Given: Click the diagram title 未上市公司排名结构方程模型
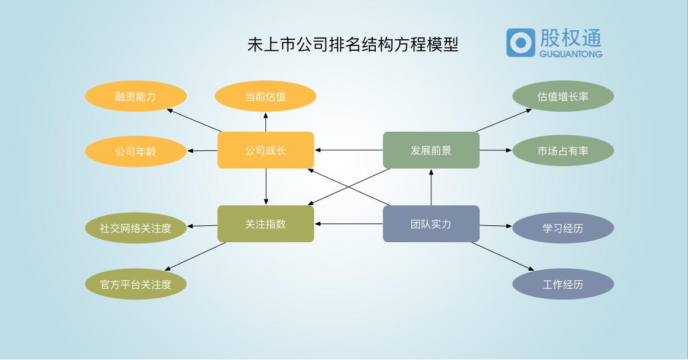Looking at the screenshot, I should click(353, 45).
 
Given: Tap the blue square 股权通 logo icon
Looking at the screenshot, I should click(520, 42).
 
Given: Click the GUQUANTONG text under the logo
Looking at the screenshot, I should click(571, 54).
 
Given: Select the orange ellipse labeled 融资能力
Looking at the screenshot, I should click(135, 96).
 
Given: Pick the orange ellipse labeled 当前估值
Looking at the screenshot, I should click(265, 96).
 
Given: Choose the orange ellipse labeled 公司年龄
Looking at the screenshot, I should click(135, 151).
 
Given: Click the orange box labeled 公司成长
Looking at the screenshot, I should click(265, 150).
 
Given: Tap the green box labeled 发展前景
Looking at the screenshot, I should click(431, 150).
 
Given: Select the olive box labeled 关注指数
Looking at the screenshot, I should click(265, 223).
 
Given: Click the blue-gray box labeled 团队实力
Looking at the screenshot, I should click(431, 223).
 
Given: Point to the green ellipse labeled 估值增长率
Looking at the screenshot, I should click(563, 96).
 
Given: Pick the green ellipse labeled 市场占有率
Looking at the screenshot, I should click(563, 150).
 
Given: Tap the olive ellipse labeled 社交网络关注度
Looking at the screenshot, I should click(135, 228).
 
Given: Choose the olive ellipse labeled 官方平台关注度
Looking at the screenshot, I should click(135, 284).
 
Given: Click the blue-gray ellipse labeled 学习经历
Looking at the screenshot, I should click(563, 228).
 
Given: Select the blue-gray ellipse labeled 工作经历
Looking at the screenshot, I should click(563, 284).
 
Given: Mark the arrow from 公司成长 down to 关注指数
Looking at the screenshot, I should click(266, 187).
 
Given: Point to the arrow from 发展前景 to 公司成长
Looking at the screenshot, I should click(349, 150).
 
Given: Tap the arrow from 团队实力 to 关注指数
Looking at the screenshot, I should click(349, 223).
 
